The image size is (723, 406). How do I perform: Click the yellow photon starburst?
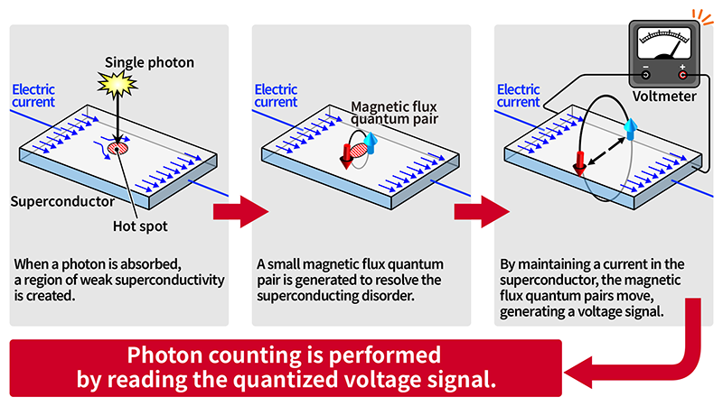pos(117,84)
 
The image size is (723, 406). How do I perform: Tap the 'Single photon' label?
pos(149,62)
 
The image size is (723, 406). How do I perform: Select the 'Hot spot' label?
pos(140,226)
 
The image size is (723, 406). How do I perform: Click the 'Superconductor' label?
pos(62,201)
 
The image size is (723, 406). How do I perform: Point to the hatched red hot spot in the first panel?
pos(117,148)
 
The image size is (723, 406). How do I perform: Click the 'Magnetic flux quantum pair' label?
pos(394,113)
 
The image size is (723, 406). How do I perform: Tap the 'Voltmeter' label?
pos(664,97)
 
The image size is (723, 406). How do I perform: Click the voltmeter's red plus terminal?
pos(682,75)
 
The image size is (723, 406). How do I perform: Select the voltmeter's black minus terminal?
pos(645,75)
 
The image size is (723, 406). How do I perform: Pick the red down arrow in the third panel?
pos(579,163)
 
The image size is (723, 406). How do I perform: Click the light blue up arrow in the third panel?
pos(630,129)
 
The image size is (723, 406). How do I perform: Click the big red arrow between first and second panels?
pos(240,212)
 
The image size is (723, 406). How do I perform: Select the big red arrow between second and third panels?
pos(482,212)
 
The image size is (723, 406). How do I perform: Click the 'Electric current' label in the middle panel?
pos(276,96)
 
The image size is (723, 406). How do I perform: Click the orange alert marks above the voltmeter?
pos(703,17)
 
